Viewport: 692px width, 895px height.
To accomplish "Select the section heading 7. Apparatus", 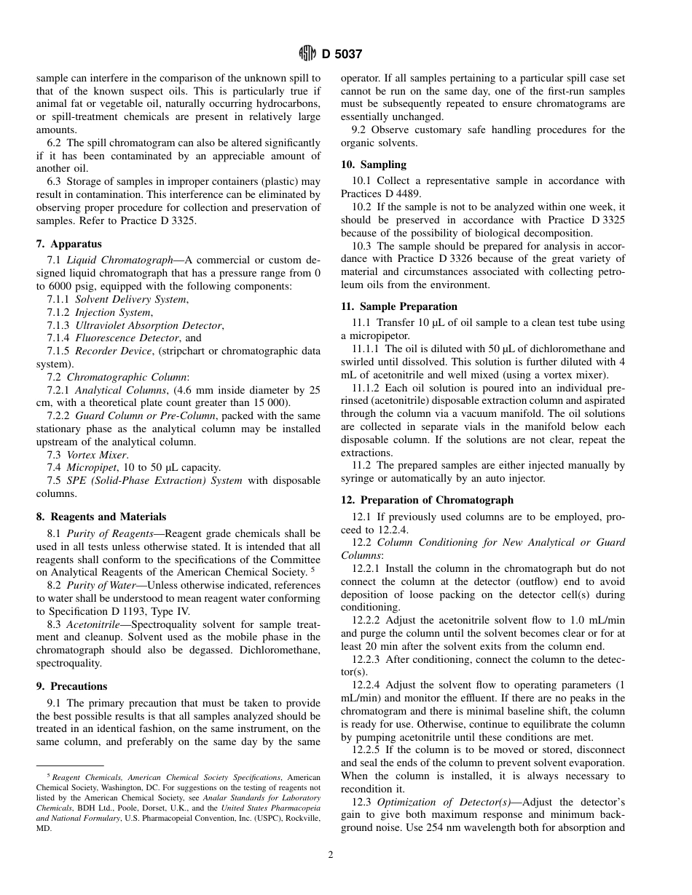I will point(69,244).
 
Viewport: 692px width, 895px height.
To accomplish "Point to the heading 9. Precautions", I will point(71,686).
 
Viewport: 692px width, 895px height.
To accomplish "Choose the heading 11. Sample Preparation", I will point(399,306).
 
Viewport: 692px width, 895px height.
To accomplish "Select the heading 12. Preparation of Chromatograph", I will point(427,500).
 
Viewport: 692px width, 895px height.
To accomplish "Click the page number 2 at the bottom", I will point(331,855).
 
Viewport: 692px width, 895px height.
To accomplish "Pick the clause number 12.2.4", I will point(366,685).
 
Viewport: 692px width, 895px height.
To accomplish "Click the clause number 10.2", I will point(361,207).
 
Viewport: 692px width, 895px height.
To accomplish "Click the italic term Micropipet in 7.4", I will point(91,467).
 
